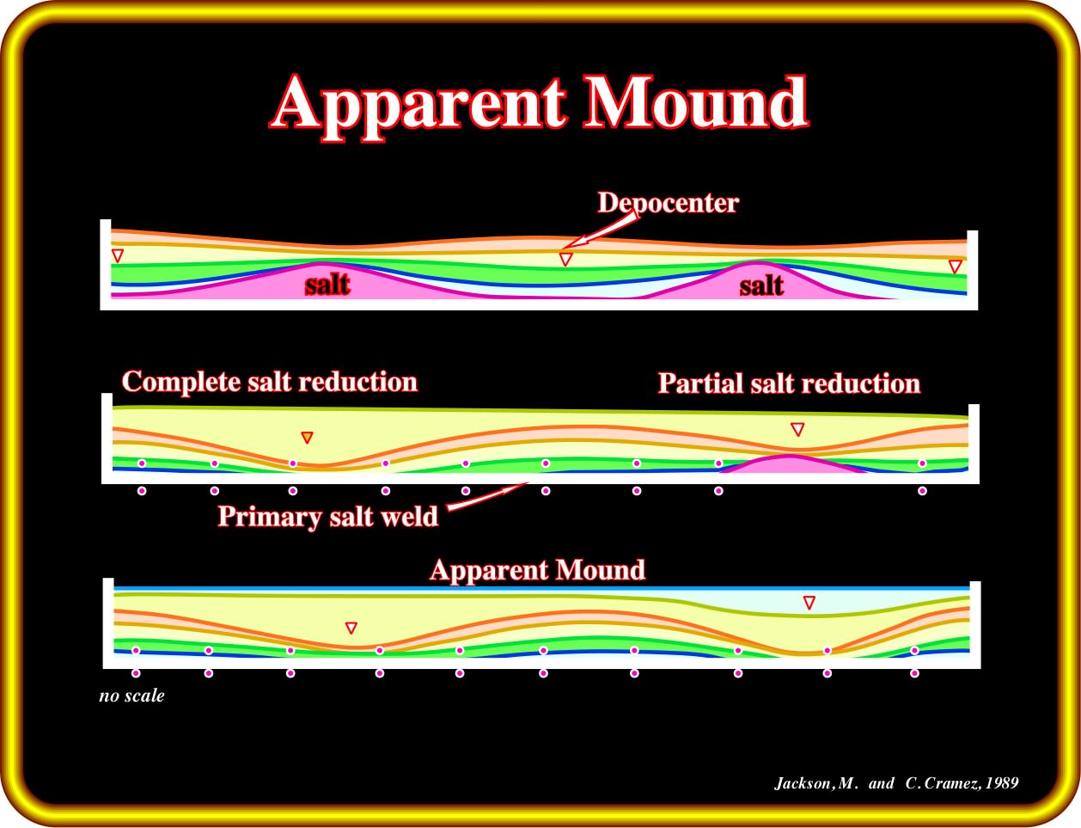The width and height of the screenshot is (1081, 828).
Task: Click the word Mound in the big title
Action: [x=696, y=101]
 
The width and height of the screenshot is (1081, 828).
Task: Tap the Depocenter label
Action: [x=668, y=203]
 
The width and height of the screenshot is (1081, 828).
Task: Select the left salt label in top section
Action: [x=327, y=285]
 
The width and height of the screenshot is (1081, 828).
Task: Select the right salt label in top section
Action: [x=761, y=286]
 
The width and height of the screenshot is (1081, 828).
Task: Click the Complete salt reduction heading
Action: [x=270, y=382]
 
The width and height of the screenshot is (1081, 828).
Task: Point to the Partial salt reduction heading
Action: [x=789, y=383]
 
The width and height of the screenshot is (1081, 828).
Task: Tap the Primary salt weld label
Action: [x=328, y=516]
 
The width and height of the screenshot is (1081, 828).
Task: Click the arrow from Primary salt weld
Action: [x=487, y=496]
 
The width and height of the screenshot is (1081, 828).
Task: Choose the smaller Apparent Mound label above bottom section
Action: [x=538, y=570]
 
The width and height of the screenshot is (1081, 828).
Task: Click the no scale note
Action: [x=131, y=696]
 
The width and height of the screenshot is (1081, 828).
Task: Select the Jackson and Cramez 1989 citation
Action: [x=896, y=783]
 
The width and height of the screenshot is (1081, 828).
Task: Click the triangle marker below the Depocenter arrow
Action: [x=565, y=259]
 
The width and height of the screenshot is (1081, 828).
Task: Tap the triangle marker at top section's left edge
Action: [x=118, y=255]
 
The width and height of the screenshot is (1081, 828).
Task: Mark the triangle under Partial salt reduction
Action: [x=797, y=429]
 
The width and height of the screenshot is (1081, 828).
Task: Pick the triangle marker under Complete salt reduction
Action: [x=307, y=437]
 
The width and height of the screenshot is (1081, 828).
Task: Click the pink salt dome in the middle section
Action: [x=791, y=464]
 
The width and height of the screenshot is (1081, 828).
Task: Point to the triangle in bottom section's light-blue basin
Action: [x=809, y=603]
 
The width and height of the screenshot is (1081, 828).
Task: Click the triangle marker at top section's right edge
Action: [x=955, y=267]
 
